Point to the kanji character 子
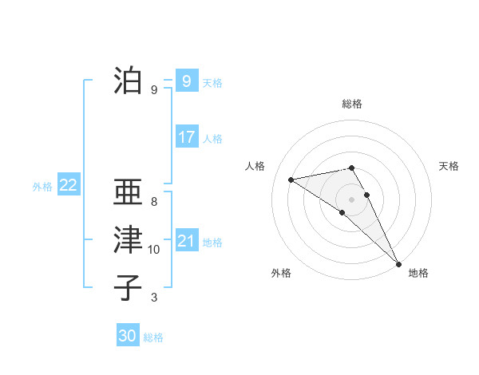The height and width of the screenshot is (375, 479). (128, 287)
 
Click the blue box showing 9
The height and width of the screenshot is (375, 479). (186, 81)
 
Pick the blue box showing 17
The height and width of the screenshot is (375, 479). (186, 137)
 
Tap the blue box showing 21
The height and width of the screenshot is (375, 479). (186, 241)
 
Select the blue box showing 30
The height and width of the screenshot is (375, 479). (128, 336)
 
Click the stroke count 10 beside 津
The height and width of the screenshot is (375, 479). (154, 250)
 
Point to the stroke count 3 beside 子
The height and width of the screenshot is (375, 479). (154, 298)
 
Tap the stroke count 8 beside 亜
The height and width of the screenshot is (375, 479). (154, 202)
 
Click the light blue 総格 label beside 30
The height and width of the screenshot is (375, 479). (153, 337)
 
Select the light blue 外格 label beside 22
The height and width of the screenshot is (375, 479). (42, 187)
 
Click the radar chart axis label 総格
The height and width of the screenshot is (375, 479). (351, 104)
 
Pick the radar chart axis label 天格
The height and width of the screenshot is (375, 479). (449, 166)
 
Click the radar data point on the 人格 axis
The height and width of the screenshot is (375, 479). (291, 180)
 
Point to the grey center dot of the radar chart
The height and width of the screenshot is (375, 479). (351, 199)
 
